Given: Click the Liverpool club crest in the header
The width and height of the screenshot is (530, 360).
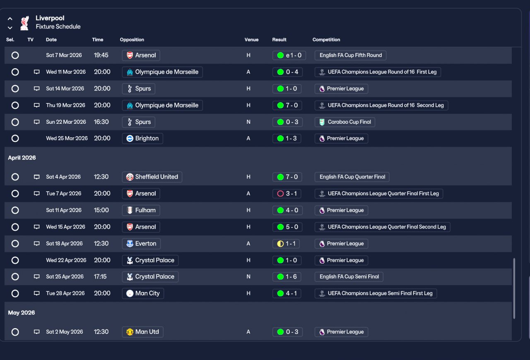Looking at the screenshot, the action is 24,23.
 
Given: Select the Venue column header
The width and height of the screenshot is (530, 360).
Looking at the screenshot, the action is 251,39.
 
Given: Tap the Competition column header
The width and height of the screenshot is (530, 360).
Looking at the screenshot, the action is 326,39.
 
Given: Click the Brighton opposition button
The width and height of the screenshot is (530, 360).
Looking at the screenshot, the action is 142,138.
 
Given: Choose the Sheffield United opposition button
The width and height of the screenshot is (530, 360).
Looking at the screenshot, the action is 152,177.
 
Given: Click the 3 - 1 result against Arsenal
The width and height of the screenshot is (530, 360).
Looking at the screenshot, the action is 287,194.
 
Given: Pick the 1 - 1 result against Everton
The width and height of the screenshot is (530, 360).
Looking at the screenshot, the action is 286,244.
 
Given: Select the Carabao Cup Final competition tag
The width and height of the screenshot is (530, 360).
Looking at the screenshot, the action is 345,122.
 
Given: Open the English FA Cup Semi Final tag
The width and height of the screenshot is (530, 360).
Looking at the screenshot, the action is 349,276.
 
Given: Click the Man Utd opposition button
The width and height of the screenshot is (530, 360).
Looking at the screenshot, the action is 142,332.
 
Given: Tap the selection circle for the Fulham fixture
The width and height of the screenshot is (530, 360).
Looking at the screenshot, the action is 15,210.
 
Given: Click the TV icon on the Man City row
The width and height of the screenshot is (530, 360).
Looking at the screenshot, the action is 36,293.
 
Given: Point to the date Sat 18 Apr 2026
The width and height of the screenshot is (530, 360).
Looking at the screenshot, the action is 64,243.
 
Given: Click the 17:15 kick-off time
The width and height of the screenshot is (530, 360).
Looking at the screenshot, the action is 100,276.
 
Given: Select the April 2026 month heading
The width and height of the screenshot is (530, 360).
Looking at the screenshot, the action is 22,158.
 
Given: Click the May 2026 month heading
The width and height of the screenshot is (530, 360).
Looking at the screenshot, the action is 21,313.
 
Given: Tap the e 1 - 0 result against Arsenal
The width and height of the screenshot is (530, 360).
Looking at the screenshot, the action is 289,55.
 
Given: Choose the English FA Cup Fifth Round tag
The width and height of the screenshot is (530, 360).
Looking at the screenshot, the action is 350,55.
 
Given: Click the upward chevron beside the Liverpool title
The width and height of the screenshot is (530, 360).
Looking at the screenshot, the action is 10,19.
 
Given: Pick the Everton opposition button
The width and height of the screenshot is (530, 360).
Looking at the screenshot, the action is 141,244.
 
